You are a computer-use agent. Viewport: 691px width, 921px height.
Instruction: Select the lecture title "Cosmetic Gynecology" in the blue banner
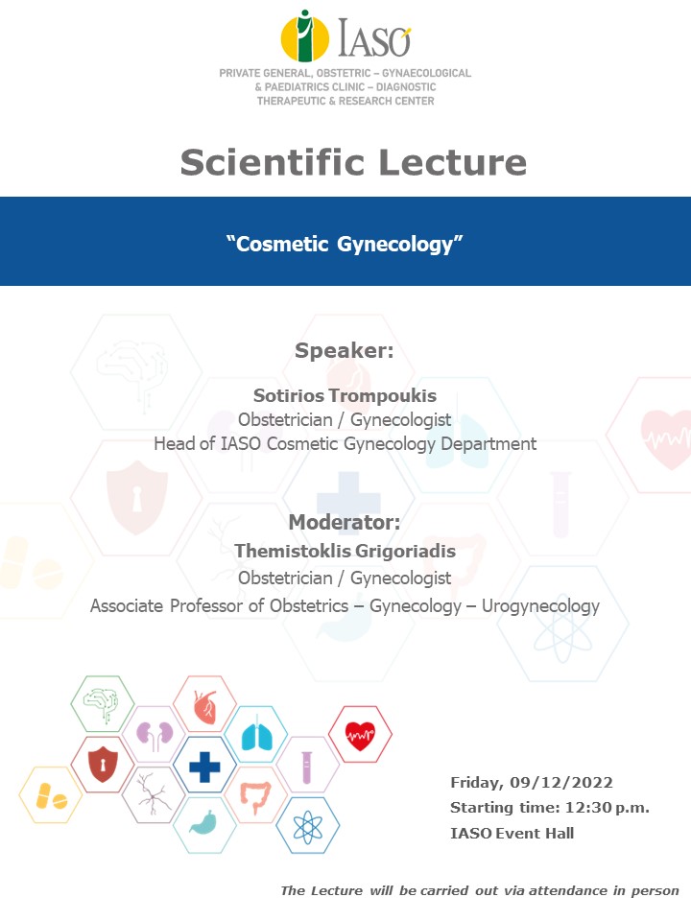coord(345,244)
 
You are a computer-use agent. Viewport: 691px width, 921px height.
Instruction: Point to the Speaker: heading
coord(345,350)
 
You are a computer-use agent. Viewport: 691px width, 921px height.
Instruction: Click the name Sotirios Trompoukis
coord(345,395)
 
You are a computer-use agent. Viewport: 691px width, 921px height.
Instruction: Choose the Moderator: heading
coord(345,523)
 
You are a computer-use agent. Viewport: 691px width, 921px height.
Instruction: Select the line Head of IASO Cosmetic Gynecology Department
coord(345,444)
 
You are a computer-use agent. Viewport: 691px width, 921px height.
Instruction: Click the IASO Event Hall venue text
coord(512,833)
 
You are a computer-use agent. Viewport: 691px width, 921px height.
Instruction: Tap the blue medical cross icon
coord(204,766)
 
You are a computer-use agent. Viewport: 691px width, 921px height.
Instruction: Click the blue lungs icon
coord(255,735)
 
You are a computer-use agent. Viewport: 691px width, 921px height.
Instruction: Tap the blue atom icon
coord(307,826)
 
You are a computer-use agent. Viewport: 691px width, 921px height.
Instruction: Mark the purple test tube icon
coord(307,766)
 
